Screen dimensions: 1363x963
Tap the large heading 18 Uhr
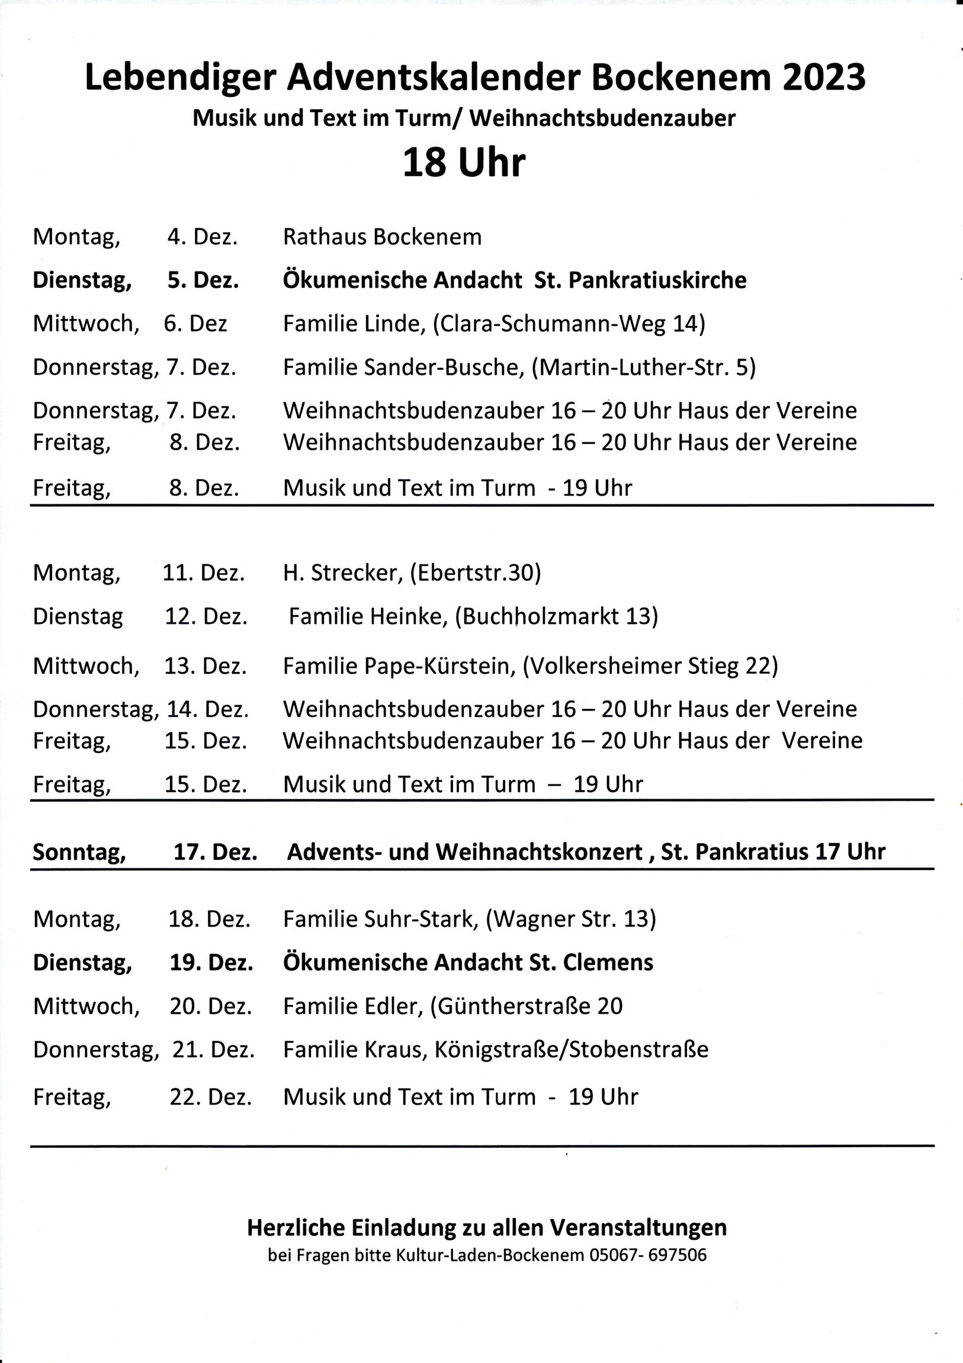463,163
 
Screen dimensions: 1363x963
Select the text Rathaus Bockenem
382,237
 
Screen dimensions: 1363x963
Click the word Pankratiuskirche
657,280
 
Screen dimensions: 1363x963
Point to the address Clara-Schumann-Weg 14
569,324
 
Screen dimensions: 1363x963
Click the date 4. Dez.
203,237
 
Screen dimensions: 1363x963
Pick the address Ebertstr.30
475,573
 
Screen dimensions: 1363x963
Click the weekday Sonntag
79,852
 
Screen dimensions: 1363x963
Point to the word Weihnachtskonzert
540,853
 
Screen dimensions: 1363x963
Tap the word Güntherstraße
513,1006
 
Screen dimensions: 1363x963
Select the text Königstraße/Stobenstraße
572,1050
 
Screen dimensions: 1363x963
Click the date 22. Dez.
211,1096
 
